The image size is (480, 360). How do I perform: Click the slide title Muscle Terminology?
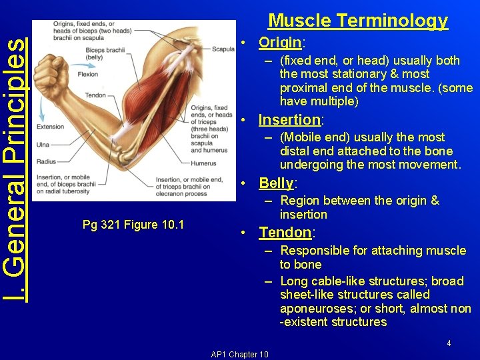click(x=357, y=21)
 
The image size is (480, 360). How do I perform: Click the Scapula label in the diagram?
click(x=223, y=49)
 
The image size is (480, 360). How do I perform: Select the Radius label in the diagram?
click(x=45, y=161)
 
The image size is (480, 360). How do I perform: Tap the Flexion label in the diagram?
click(x=88, y=74)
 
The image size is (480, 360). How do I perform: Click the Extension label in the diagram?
click(x=51, y=126)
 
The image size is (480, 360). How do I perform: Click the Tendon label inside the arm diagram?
click(x=95, y=95)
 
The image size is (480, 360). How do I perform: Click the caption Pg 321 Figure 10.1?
click(x=133, y=224)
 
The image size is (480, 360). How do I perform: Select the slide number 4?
click(x=449, y=343)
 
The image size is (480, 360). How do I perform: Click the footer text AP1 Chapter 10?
click(x=239, y=354)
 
